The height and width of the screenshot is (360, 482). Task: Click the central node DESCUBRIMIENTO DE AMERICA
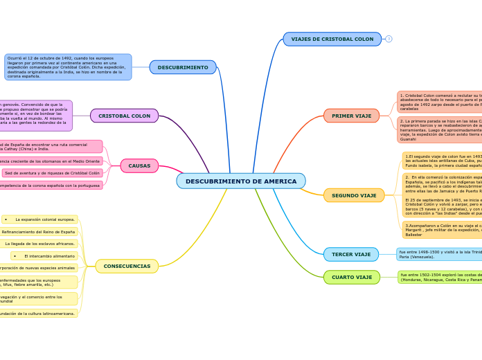click(x=240, y=181)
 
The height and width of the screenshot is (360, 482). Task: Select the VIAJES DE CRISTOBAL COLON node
click(x=332, y=39)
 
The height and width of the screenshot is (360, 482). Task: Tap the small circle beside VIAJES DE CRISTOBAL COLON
click(x=389, y=39)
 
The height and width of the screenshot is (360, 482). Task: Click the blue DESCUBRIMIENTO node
click(x=183, y=67)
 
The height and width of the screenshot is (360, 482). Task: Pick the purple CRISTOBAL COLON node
click(x=124, y=116)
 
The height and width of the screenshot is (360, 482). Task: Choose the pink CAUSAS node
click(x=139, y=166)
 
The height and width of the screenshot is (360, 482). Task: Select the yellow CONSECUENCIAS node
click(x=127, y=266)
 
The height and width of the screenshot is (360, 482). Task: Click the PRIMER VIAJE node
click(x=351, y=116)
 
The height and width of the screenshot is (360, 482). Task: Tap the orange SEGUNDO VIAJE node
click(x=354, y=195)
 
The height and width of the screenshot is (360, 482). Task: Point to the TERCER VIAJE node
click(x=351, y=254)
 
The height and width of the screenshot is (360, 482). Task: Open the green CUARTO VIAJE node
click(x=352, y=278)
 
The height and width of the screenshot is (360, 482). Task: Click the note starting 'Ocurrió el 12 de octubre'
click(x=68, y=67)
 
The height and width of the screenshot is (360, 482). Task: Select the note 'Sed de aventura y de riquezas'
click(x=53, y=173)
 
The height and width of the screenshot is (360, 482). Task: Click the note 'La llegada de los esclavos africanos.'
click(x=40, y=244)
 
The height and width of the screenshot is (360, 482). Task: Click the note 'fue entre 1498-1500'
click(x=439, y=254)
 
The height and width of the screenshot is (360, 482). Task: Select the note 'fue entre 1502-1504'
click(x=439, y=278)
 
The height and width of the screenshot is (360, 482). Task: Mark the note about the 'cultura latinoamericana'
click(x=38, y=314)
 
